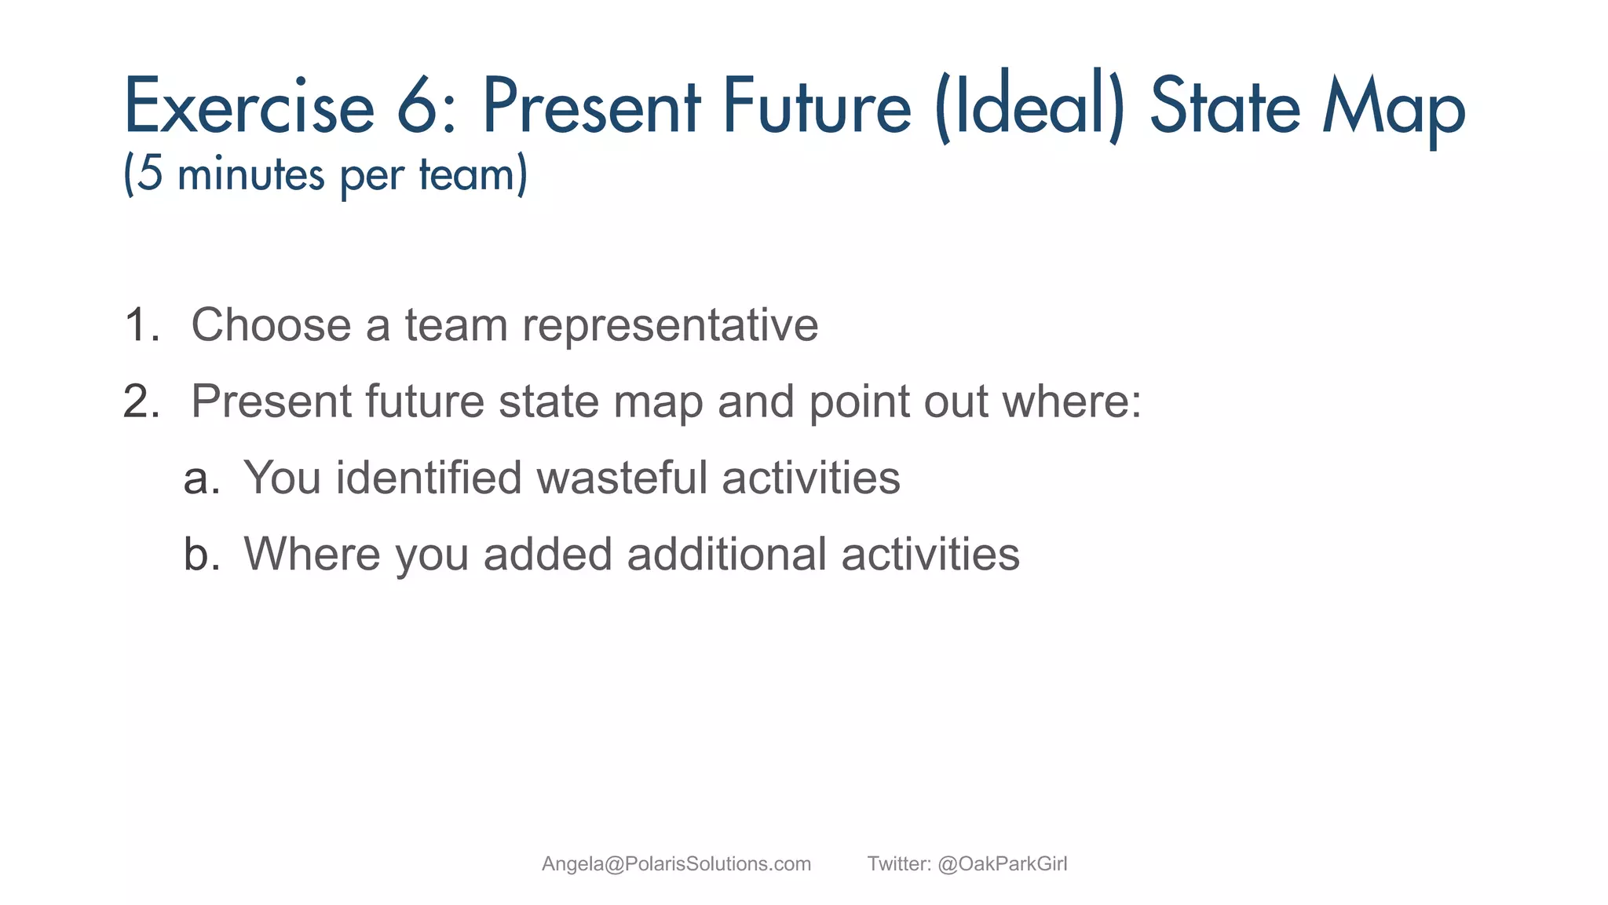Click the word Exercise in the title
coord(249,108)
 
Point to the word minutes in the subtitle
coord(250,174)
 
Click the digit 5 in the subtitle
coord(150,174)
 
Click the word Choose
coord(271,325)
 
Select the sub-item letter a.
coord(199,478)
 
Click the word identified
coord(429,478)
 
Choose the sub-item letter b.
coord(200,554)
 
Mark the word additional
coord(727,554)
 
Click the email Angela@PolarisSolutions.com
coord(676,864)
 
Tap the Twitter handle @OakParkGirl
coord(1003,864)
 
